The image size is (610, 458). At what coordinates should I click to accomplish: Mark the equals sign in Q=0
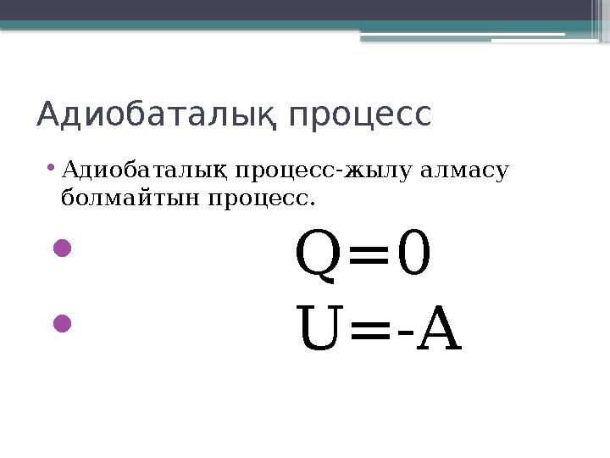pos(367,258)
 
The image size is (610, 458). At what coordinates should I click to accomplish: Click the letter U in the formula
pos(319,331)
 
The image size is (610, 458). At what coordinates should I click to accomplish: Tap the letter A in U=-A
pos(440,331)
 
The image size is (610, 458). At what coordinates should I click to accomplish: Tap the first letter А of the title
pos(49,114)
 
